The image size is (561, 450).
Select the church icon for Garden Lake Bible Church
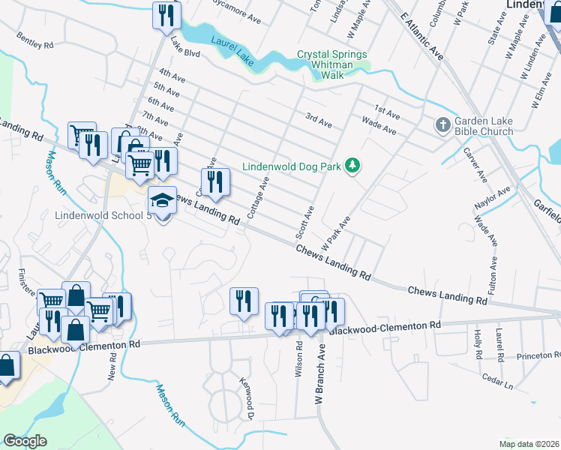[x=443, y=124]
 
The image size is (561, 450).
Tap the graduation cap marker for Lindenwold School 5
[x=162, y=201]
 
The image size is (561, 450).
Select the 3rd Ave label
[x=318, y=120]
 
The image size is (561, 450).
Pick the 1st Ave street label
[x=387, y=111]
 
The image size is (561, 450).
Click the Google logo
[x=25, y=440]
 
